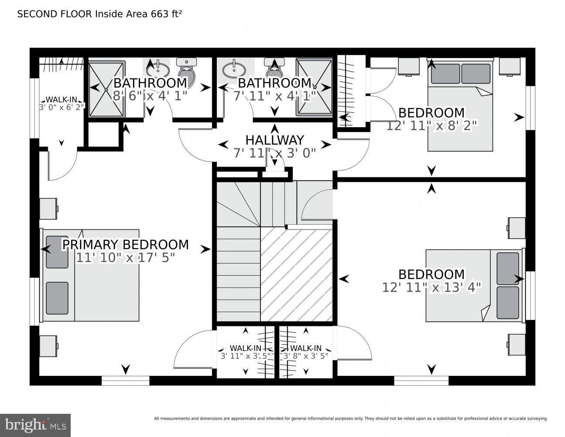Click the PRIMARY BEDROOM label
click(x=126, y=245)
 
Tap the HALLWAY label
click(x=274, y=140)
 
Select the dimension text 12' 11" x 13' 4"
click(x=431, y=287)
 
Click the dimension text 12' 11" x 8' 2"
click(x=431, y=126)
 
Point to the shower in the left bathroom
click(x=107, y=89)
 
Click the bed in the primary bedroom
click(x=91, y=275)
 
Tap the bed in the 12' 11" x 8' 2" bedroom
click(x=460, y=105)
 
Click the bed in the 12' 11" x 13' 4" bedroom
click(x=474, y=286)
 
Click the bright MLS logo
click(x=35, y=425)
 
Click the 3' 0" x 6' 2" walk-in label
click(x=61, y=103)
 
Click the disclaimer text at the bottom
click(x=351, y=419)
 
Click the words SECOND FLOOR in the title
click(x=55, y=14)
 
